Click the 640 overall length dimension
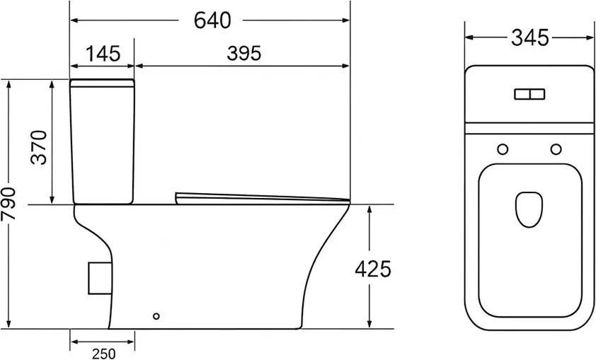click(212, 20)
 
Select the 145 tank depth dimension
click(103, 54)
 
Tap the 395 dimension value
click(244, 54)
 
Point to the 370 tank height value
click(39, 147)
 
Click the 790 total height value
click(8, 204)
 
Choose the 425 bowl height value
click(373, 269)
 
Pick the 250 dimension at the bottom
click(103, 354)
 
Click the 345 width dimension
click(530, 37)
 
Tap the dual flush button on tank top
click(529, 94)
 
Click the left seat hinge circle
click(503, 149)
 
